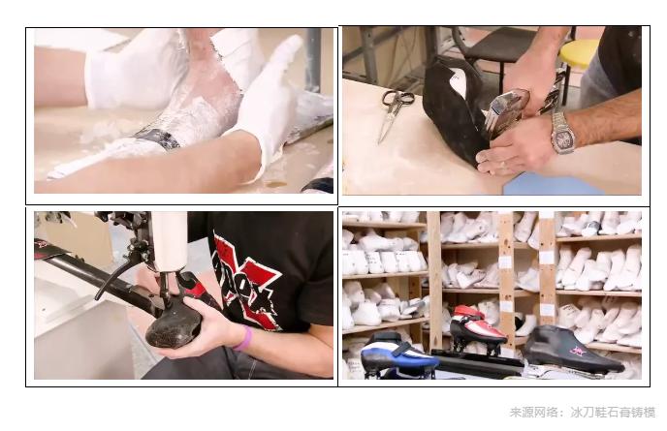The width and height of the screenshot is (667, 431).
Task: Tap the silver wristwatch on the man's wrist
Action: pyautogui.click(x=562, y=133)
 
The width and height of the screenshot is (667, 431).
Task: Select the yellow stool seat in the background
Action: pyautogui.click(x=578, y=52)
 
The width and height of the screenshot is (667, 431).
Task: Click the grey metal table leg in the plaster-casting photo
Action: pyautogui.click(x=313, y=58)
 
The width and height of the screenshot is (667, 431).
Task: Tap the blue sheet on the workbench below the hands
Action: pyautogui.click(x=543, y=184)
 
